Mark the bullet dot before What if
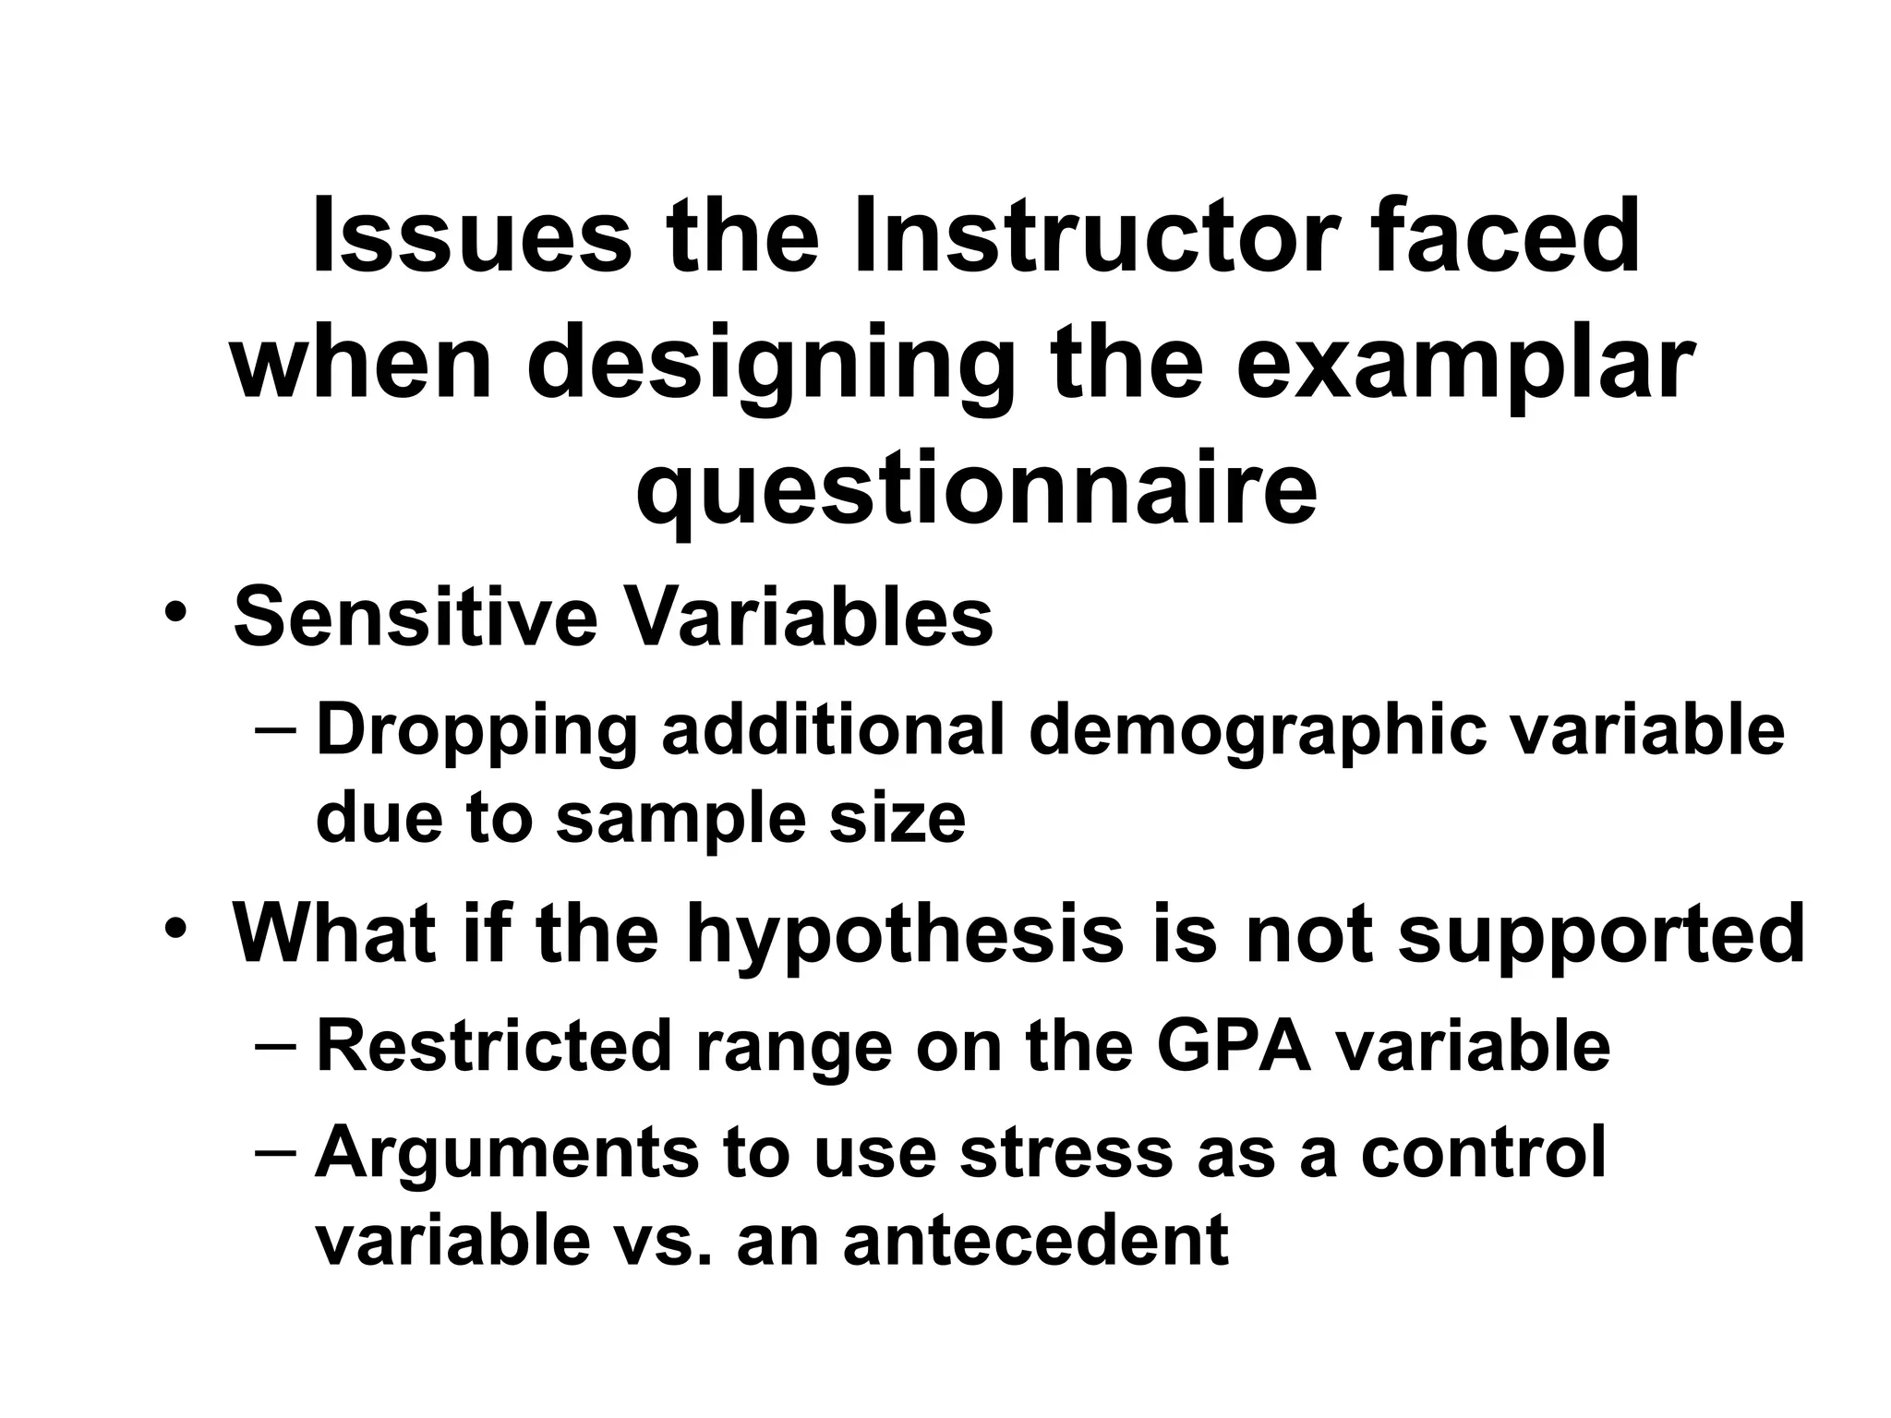176,927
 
